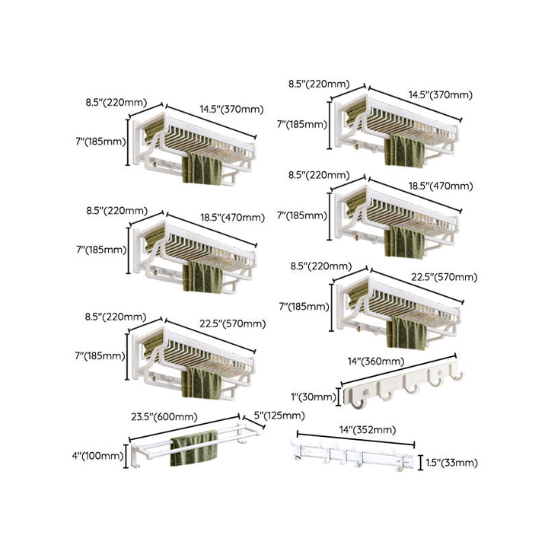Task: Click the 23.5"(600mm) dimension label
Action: point(164,416)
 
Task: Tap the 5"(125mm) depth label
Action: point(279,416)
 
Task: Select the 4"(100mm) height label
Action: point(98,456)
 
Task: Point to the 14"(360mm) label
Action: point(376,361)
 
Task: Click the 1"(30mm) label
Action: point(314,397)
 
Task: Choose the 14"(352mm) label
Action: point(368,429)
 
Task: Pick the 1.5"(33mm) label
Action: point(451,463)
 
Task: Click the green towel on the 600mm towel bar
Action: point(193,448)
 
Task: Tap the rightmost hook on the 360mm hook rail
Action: point(456,372)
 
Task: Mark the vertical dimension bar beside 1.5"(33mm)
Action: point(420,463)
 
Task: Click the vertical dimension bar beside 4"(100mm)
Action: point(126,456)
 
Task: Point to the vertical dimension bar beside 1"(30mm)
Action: point(338,397)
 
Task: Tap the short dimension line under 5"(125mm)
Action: point(253,422)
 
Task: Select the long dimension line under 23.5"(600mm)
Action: point(184,428)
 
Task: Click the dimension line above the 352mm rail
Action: point(355,439)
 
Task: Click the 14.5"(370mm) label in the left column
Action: point(231,110)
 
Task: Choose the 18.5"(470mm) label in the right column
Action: point(441,186)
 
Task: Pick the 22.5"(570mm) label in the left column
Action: point(233,323)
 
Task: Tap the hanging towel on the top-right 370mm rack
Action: point(404,151)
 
